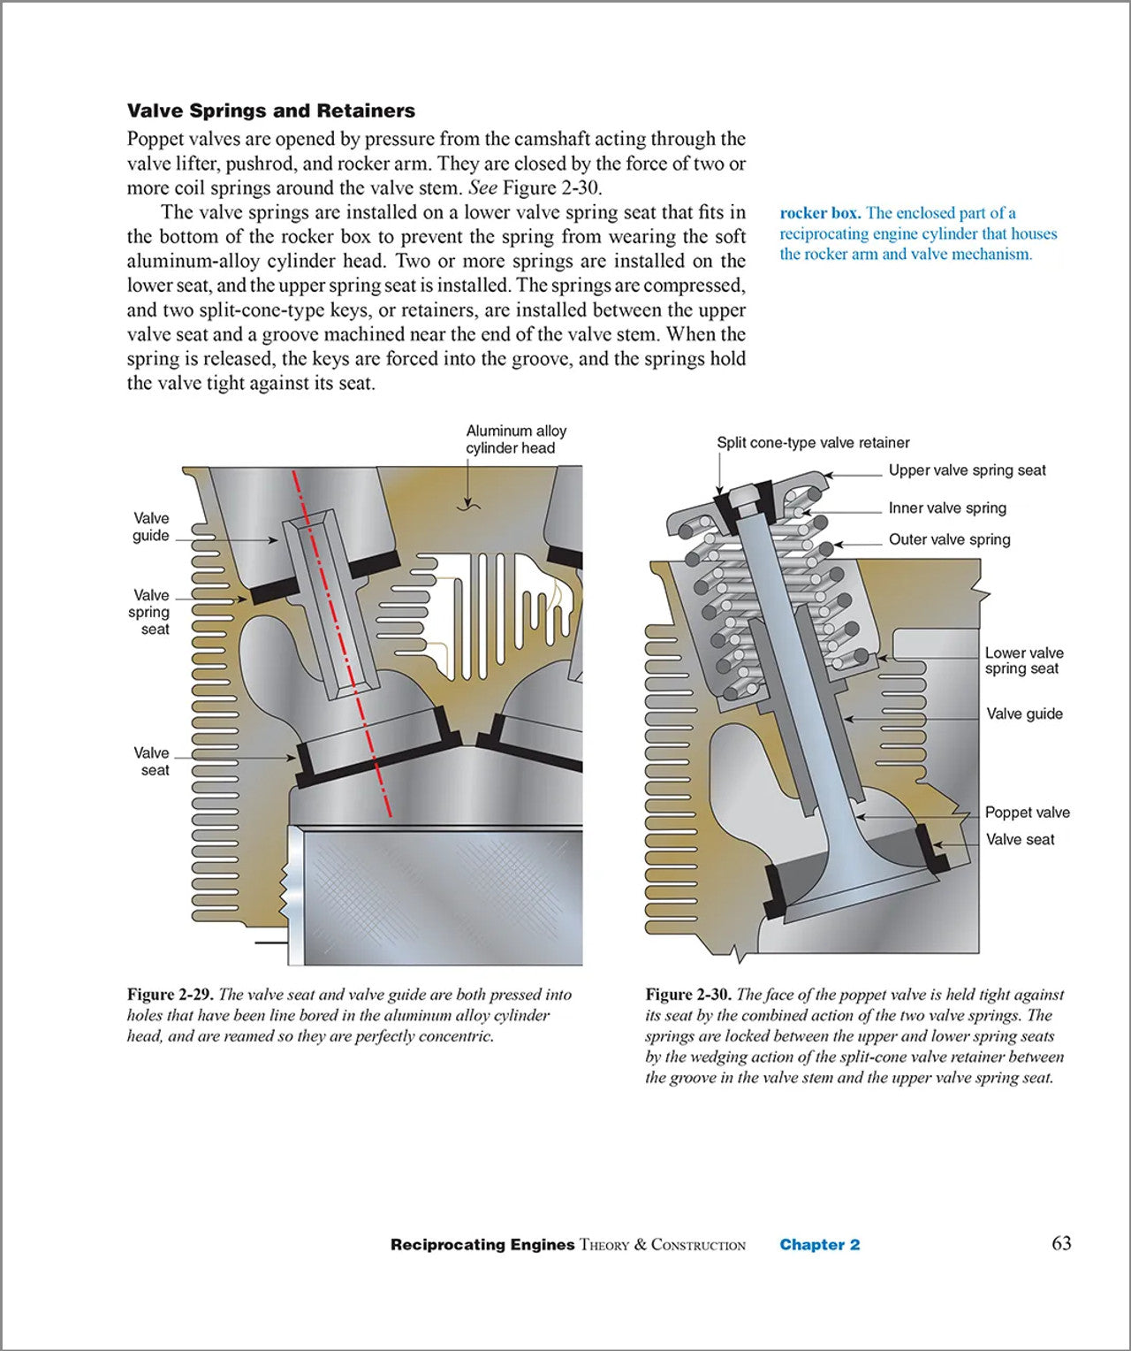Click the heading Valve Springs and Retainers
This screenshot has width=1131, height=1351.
pyautogui.click(x=271, y=111)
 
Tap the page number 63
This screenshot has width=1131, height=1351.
pyautogui.click(x=1061, y=1243)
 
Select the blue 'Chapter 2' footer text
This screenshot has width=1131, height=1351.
pyautogui.click(x=819, y=1245)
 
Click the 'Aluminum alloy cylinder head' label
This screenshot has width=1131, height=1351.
pyautogui.click(x=516, y=439)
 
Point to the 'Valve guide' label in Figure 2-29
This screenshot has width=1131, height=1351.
pyautogui.click(x=151, y=527)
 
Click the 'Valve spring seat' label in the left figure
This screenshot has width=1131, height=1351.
pyautogui.click(x=151, y=612)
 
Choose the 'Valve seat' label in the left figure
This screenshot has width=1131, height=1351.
pyautogui.click(x=151, y=761)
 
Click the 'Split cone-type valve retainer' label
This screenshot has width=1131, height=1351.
pyautogui.click(x=813, y=443)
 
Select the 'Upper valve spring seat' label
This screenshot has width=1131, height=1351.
pyautogui.click(x=967, y=470)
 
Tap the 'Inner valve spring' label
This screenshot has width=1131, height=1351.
pyautogui.click(x=947, y=508)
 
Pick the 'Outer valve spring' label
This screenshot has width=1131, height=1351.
pyautogui.click(x=949, y=539)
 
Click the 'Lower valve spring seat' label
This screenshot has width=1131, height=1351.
pyautogui.click(x=1024, y=660)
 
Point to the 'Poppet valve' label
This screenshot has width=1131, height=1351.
pyautogui.click(x=1027, y=813)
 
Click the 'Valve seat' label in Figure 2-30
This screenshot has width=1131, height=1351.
pyautogui.click(x=1020, y=840)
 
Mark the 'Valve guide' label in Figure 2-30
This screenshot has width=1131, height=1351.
pyautogui.click(x=1024, y=714)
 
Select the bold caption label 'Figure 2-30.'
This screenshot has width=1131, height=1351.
pyautogui.click(x=688, y=995)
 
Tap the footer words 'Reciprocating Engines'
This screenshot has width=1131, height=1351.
pyautogui.click(x=482, y=1245)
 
